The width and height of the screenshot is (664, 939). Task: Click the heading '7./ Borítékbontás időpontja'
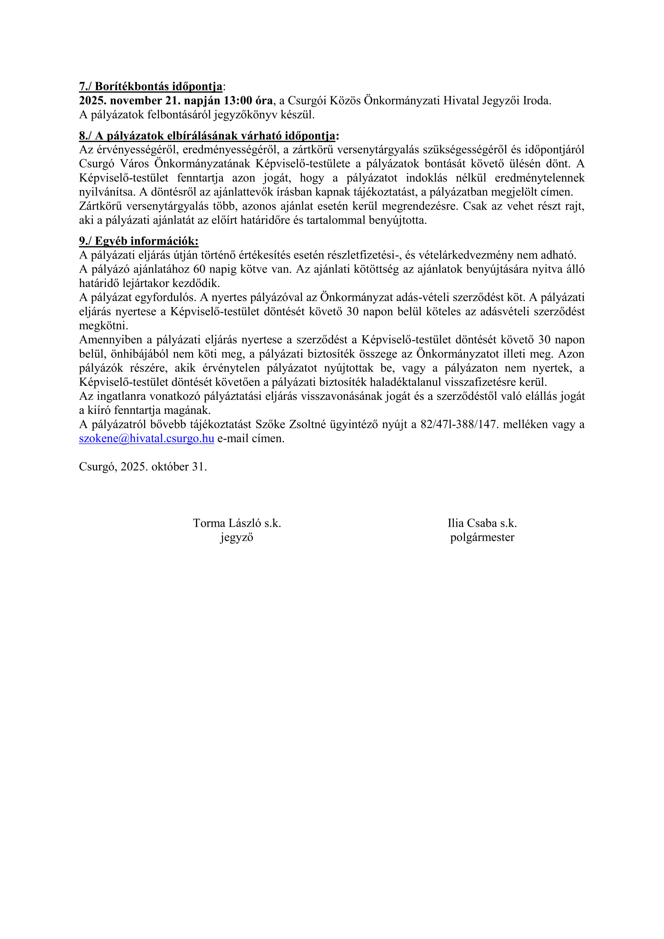click(x=151, y=87)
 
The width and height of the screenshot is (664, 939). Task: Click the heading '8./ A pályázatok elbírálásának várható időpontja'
click(x=208, y=136)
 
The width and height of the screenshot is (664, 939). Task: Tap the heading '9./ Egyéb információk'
click(x=139, y=241)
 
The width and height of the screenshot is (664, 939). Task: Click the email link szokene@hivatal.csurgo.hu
click(x=147, y=438)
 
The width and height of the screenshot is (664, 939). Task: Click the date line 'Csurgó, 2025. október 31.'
click(x=143, y=466)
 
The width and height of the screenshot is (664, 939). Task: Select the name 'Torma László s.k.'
click(x=237, y=523)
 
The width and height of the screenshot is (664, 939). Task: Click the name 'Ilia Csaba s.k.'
click(x=482, y=523)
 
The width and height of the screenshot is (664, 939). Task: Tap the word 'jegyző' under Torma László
click(x=237, y=537)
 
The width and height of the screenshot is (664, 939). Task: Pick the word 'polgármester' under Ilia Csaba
click(x=482, y=537)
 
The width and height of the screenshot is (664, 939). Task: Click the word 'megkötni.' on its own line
click(x=104, y=326)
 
